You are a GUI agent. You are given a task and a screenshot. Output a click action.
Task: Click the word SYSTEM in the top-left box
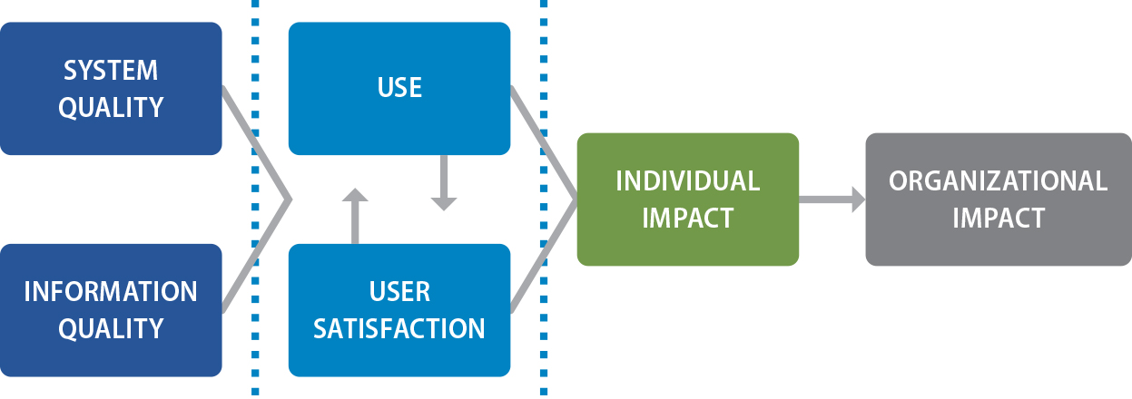(110, 70)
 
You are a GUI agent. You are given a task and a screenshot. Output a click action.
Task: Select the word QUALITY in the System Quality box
(110, 107)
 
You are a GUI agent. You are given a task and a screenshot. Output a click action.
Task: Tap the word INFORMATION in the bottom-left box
(110, 291)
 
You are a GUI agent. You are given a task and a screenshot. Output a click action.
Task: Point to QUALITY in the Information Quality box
(110, 327)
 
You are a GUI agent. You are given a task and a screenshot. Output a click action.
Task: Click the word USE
(399, 88)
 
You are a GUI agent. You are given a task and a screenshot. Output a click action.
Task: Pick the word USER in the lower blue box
(399, 291)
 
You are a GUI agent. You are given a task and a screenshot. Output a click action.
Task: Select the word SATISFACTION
(399, 327)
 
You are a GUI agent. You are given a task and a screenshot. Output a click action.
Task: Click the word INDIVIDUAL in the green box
(687, 180)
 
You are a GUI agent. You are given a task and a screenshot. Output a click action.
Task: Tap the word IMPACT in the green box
(687, 218)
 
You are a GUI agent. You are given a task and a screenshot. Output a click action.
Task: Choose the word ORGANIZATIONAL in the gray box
(998, 180)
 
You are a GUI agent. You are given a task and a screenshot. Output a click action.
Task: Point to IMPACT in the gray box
(998, 218)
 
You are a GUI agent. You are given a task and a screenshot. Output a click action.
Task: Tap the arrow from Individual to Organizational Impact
(832, 199)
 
